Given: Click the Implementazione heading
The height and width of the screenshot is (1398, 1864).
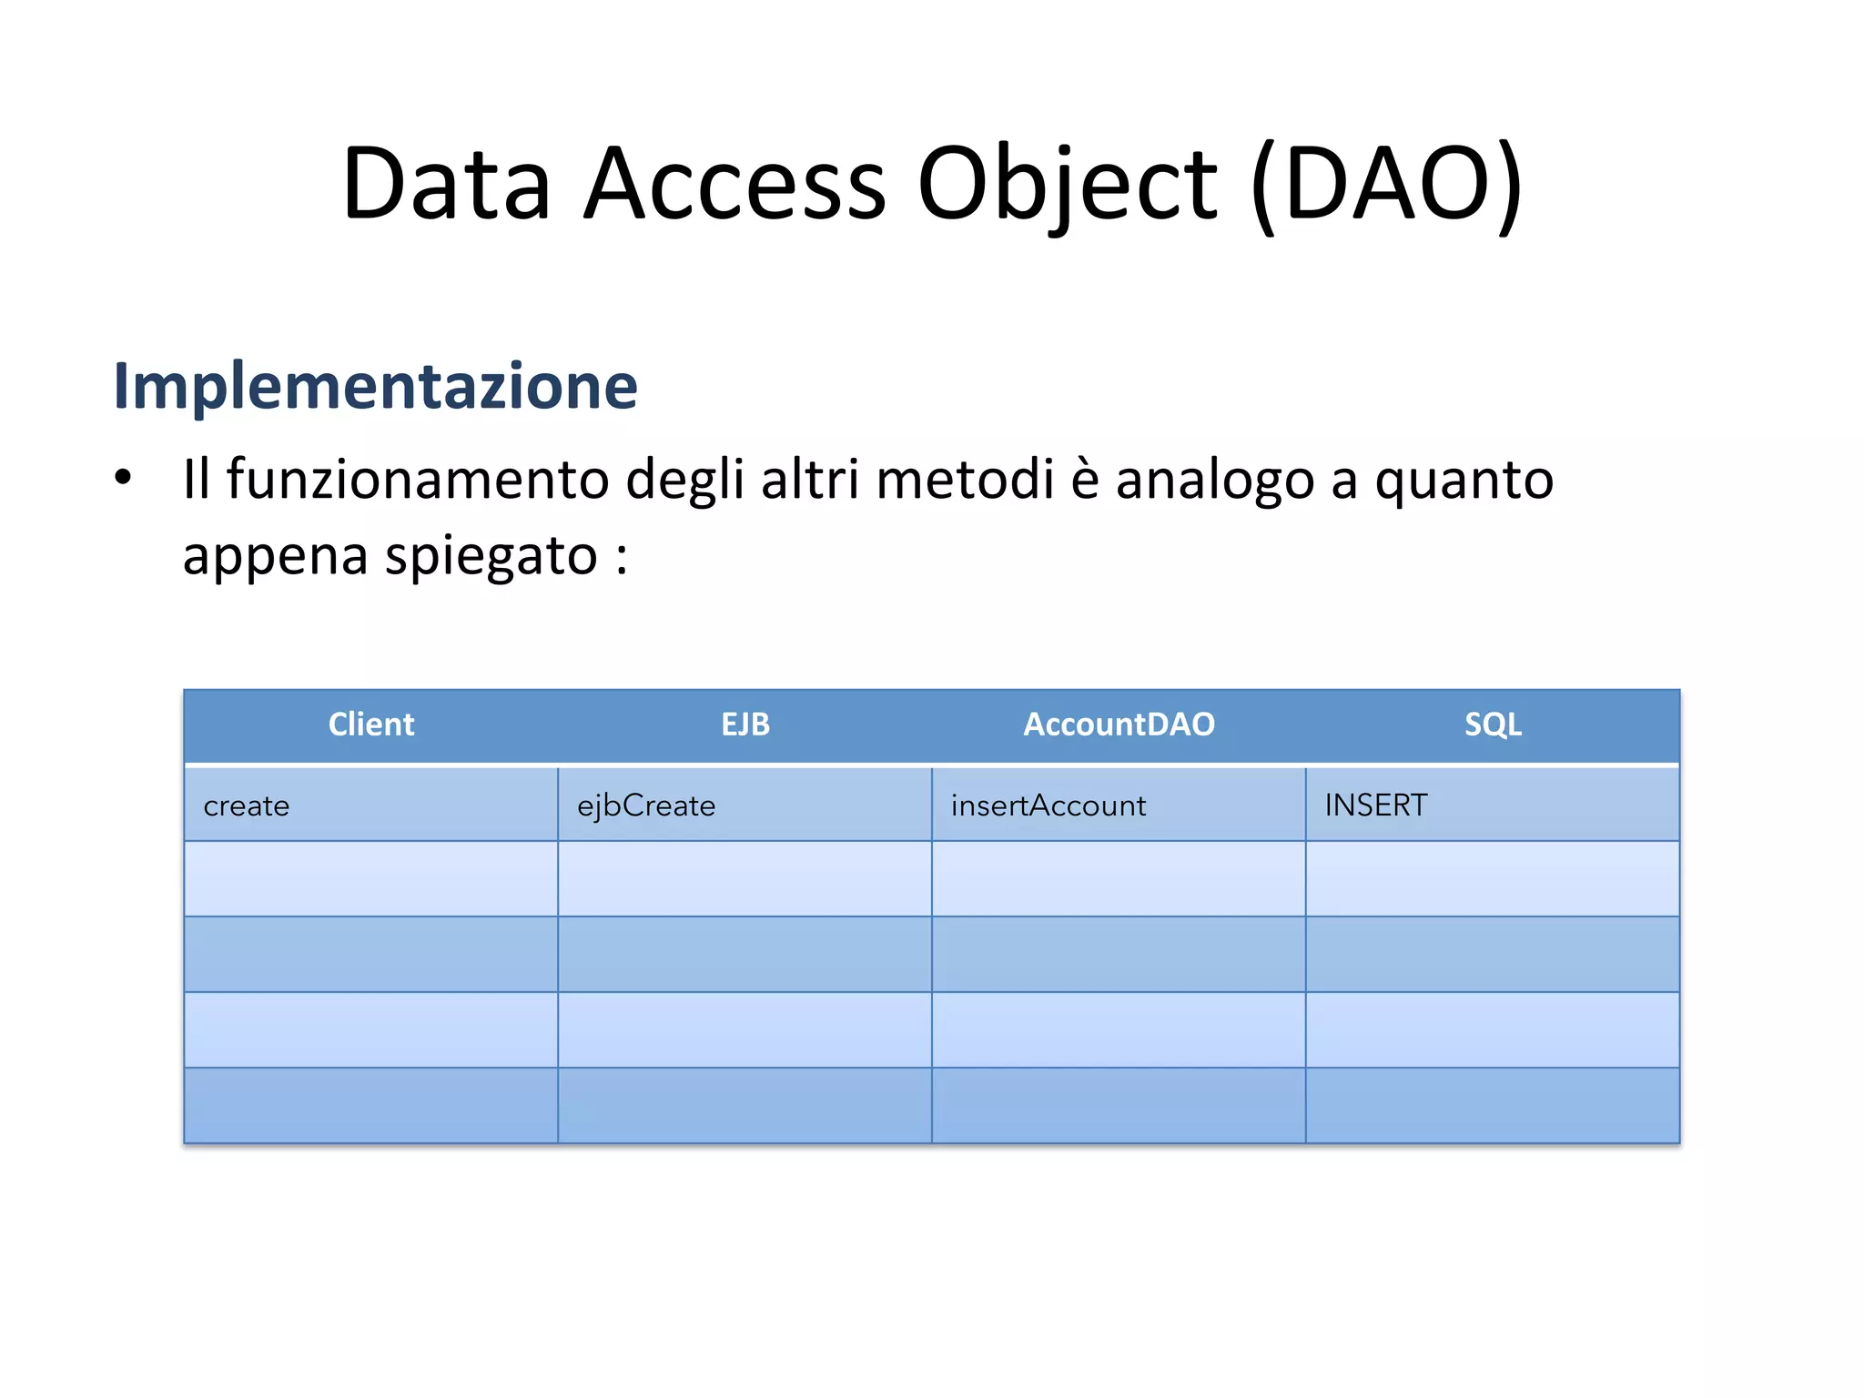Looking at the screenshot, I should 375,387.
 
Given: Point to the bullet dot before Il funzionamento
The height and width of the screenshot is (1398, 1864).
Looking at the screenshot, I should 123,477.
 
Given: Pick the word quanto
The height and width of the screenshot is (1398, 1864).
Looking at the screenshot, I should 1464,481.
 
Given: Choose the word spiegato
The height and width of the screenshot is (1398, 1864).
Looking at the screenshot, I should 491,557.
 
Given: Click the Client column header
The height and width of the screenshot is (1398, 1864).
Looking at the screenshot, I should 370,724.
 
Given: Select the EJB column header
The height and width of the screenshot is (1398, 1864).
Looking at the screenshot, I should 745,724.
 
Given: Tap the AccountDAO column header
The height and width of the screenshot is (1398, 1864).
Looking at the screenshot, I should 1119,724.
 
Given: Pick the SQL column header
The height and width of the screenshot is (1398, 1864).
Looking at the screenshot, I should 1493,724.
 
